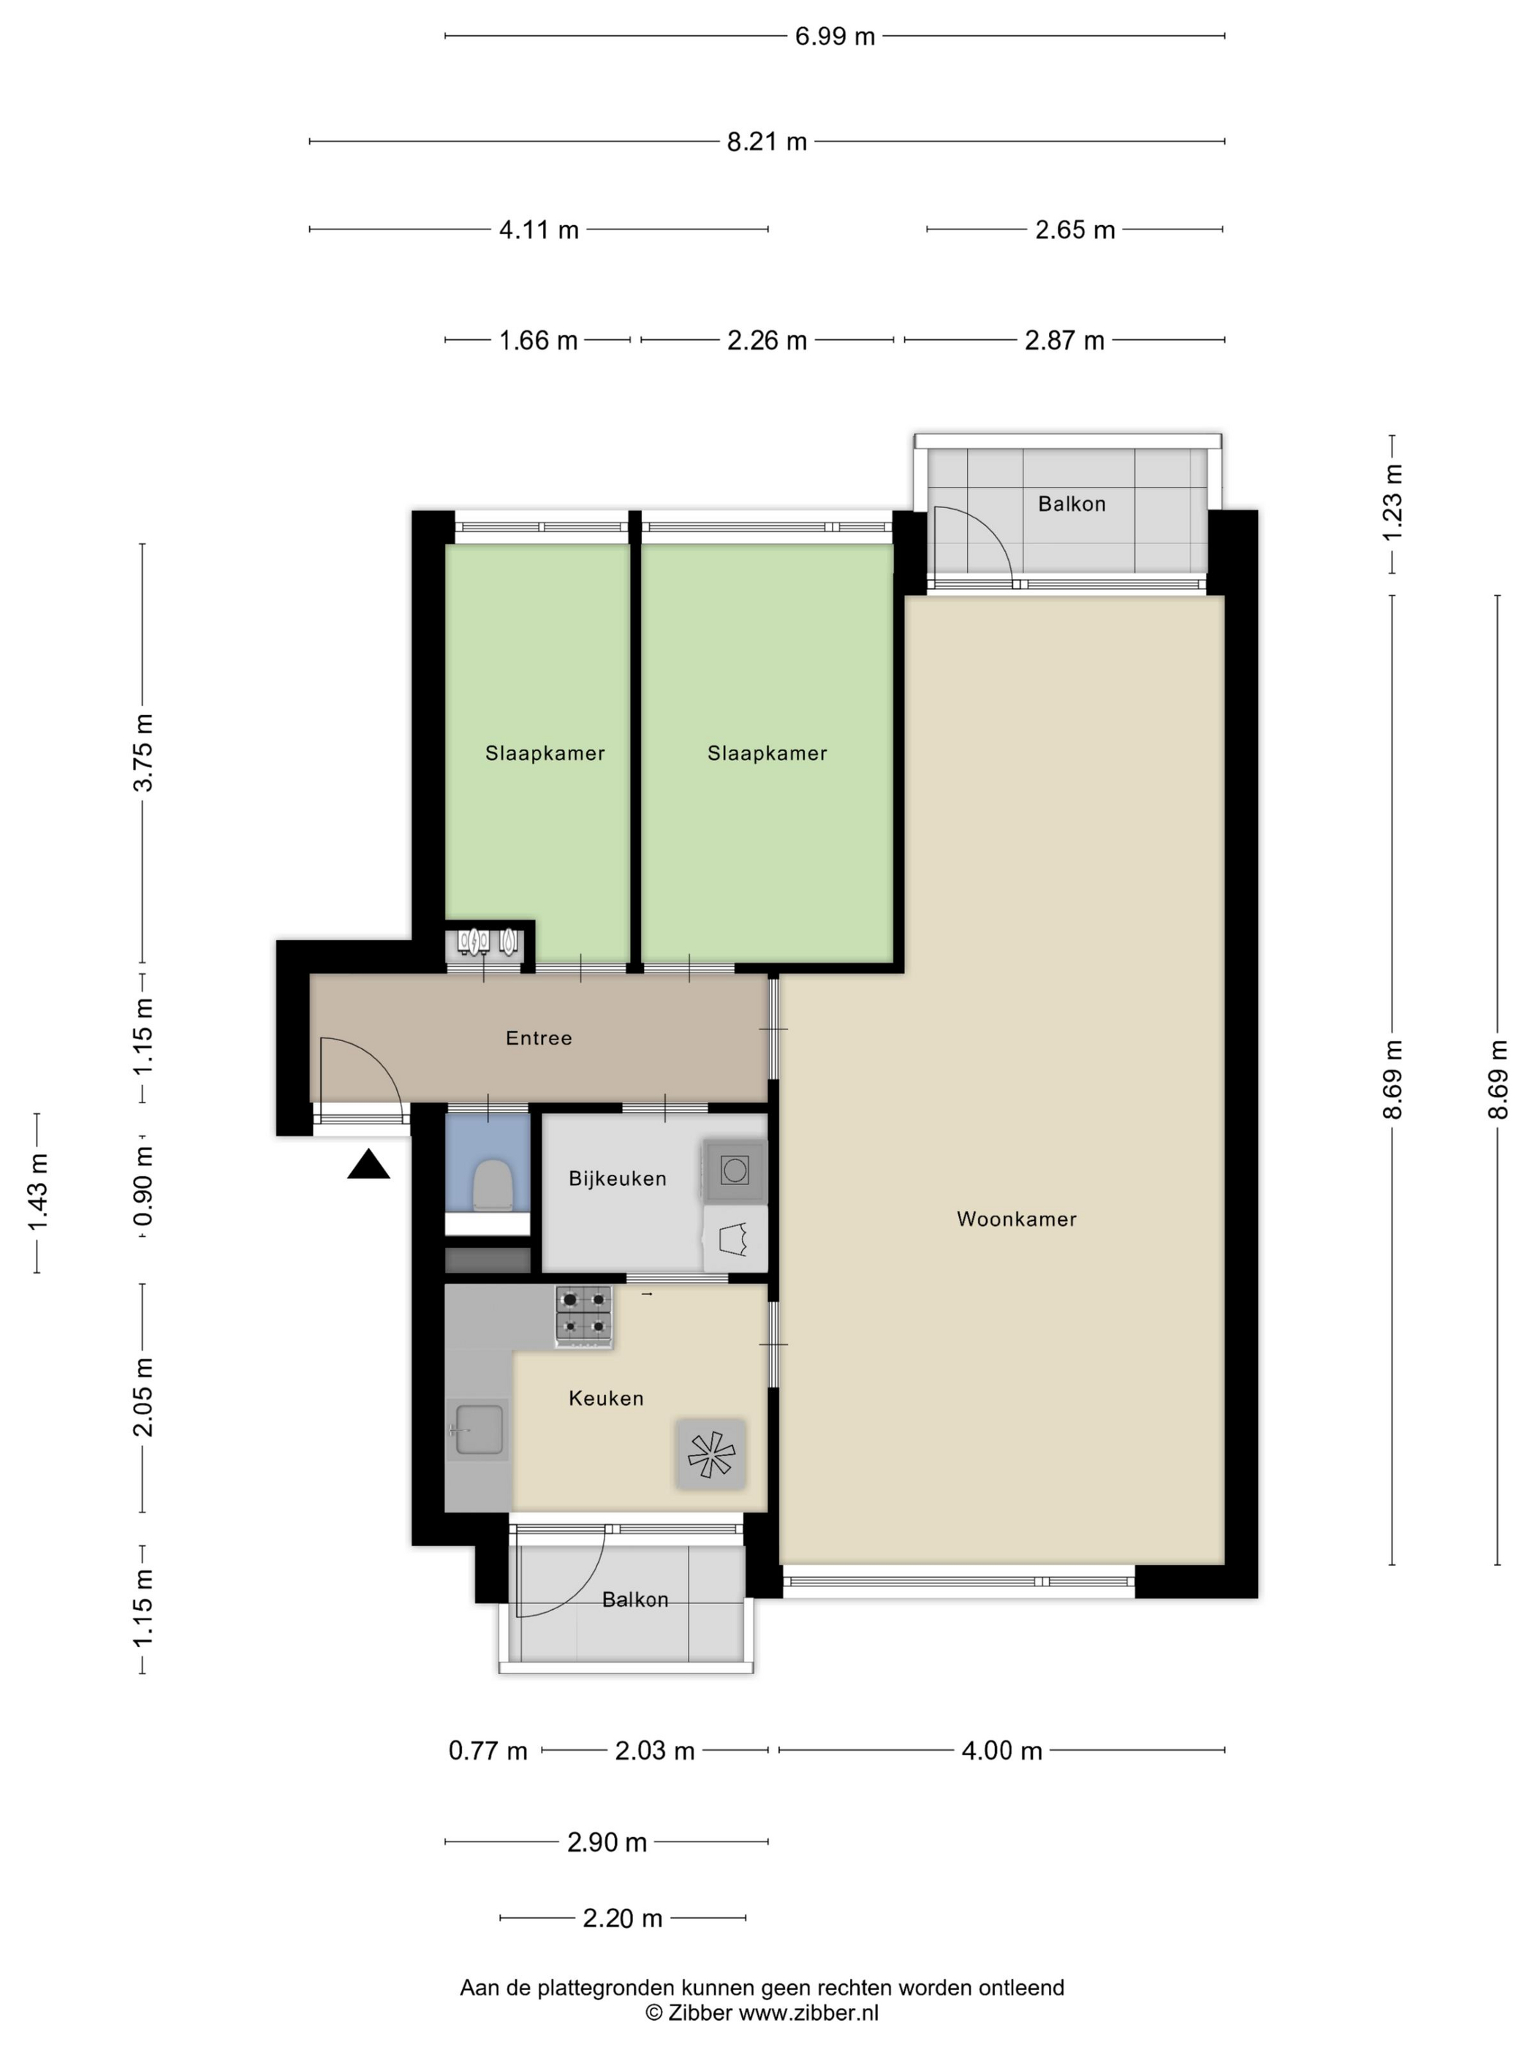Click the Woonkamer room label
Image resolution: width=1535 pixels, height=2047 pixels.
[1016, 1219]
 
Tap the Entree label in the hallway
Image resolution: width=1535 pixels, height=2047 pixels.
[539, 1038]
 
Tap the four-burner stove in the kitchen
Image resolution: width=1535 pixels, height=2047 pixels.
[584, 1315]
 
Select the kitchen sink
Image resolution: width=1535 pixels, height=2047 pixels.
[478, 1430]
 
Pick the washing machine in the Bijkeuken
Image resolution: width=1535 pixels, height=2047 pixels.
[735, 1170]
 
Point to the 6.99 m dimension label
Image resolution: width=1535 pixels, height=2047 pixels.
[835, 36]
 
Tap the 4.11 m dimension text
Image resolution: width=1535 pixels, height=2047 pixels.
[539, 230]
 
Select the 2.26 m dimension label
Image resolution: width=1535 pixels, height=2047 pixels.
[767, 341]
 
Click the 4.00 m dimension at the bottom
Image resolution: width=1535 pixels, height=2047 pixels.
[1002, 1750]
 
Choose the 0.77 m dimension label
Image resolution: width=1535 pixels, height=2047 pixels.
[488, 1750]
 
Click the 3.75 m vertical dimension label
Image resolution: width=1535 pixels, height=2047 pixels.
[143, 752]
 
